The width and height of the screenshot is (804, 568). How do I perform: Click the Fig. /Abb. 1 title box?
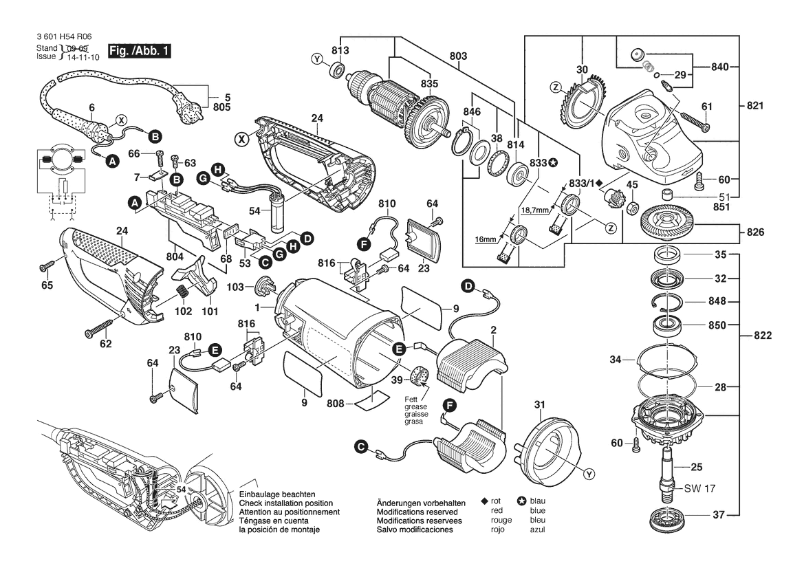[x=140, y=51]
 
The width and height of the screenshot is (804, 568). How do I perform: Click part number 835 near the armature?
[x=428, y=83]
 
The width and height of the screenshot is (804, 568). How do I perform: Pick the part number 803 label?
[x=459, y=56]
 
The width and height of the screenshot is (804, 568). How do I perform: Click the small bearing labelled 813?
[x=338, y=69]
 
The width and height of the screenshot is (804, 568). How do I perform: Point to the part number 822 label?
[x=763, y=336]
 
